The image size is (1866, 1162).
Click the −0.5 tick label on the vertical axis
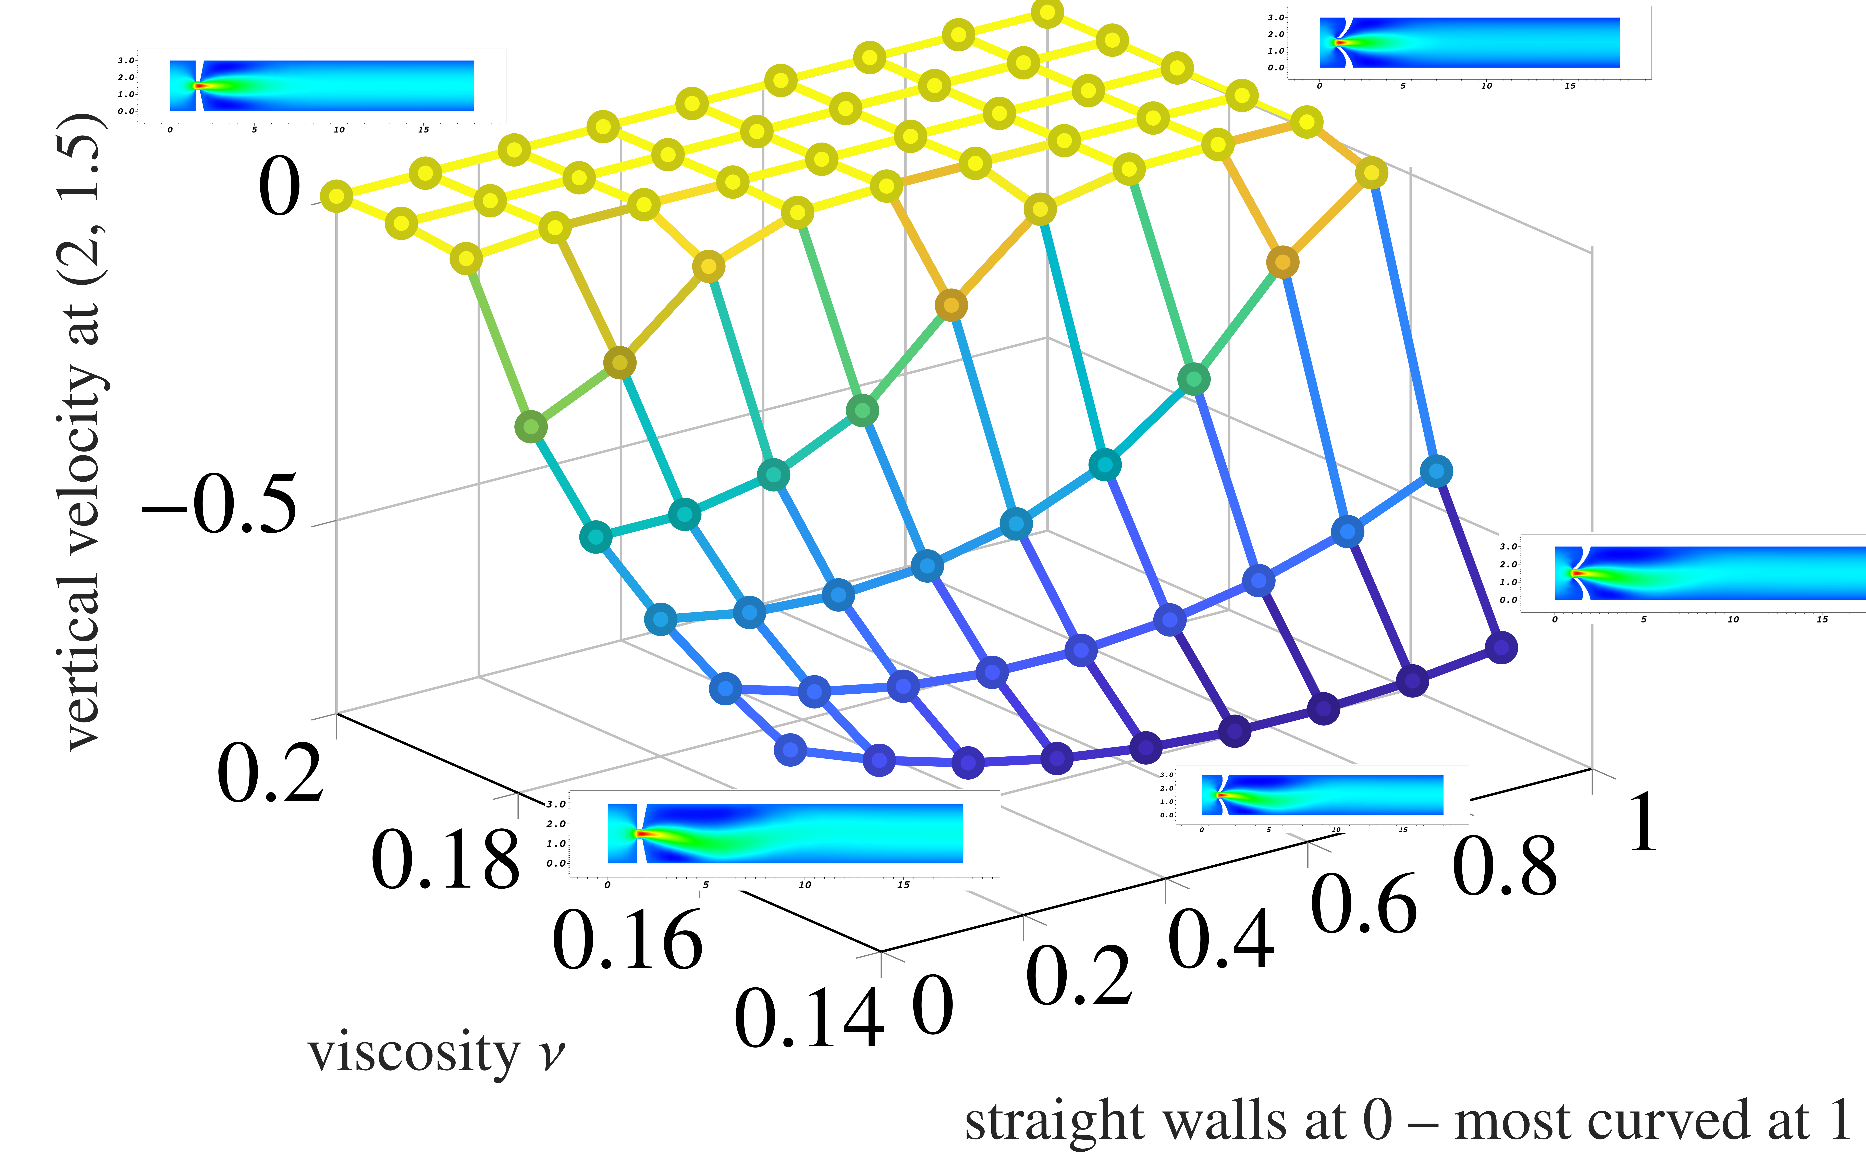(219, 505)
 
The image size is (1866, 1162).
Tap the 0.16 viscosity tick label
(627, 941)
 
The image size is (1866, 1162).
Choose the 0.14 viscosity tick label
(809, 1020)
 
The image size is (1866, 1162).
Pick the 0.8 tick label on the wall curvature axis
(1505, 868)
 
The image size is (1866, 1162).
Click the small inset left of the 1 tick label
(1322, 795)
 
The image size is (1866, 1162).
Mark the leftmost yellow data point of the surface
(336, 196)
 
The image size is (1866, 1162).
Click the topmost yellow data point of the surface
(1047, 13)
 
